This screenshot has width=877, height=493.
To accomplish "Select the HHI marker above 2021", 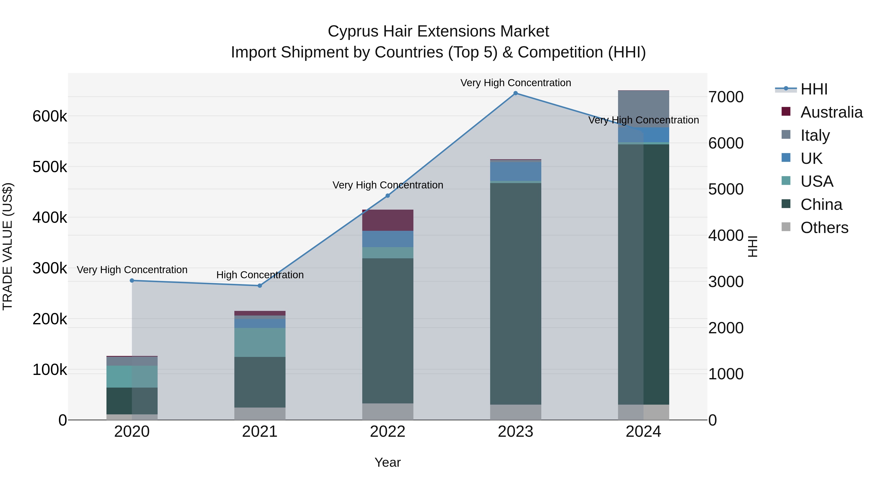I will pyautogui.click(x=260, y=286).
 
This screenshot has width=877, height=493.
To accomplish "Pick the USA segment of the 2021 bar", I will pyautogui.click(x=260, y=342).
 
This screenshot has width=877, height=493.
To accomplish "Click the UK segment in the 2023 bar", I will pyautogui.click(x=515, y=171).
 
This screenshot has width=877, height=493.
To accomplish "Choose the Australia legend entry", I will pyautogui.click(x=831, y=112).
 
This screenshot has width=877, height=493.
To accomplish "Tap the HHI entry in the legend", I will pyautogui.click(x=814, y=89).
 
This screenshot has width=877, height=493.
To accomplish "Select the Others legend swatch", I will pyautogui.click(x=786, y=227).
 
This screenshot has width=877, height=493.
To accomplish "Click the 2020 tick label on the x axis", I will pyautogui.click(x=132, y=432).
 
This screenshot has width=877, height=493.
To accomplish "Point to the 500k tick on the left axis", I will pyautogui.click(x=50, y=167).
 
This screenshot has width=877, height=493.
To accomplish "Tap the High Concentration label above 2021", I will pyautogui.click(x=260, y=275).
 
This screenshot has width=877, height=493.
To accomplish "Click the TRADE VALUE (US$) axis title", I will pyautogui.click(x=8, y=246).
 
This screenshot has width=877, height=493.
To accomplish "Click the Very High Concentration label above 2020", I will pyautogui.click(x=132, y=270).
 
